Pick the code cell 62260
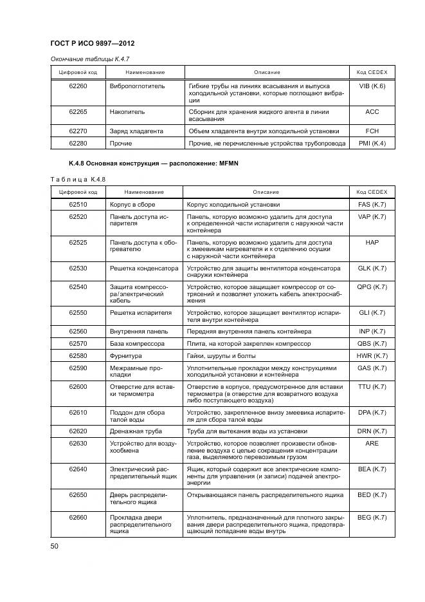click(78, 86)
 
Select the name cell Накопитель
click(128, 112)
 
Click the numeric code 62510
click(78, 205)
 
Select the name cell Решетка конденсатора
click(144, 267)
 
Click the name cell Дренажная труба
click(136, 431)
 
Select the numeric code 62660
click(78, 517)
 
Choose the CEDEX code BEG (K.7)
click(372, 517)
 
